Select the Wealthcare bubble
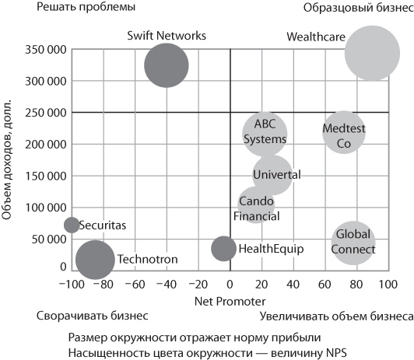click(372, 53)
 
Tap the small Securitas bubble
click(72, 225)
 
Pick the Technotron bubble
click(95, 259)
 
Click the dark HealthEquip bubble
click(224, 248)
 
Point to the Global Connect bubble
click(354, 243)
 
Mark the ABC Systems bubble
click(265, 133)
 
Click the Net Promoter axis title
click(230, 300)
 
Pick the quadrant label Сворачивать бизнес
click(92, 316)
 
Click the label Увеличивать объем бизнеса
click(336, 316)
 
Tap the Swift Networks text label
click(167, 35)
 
